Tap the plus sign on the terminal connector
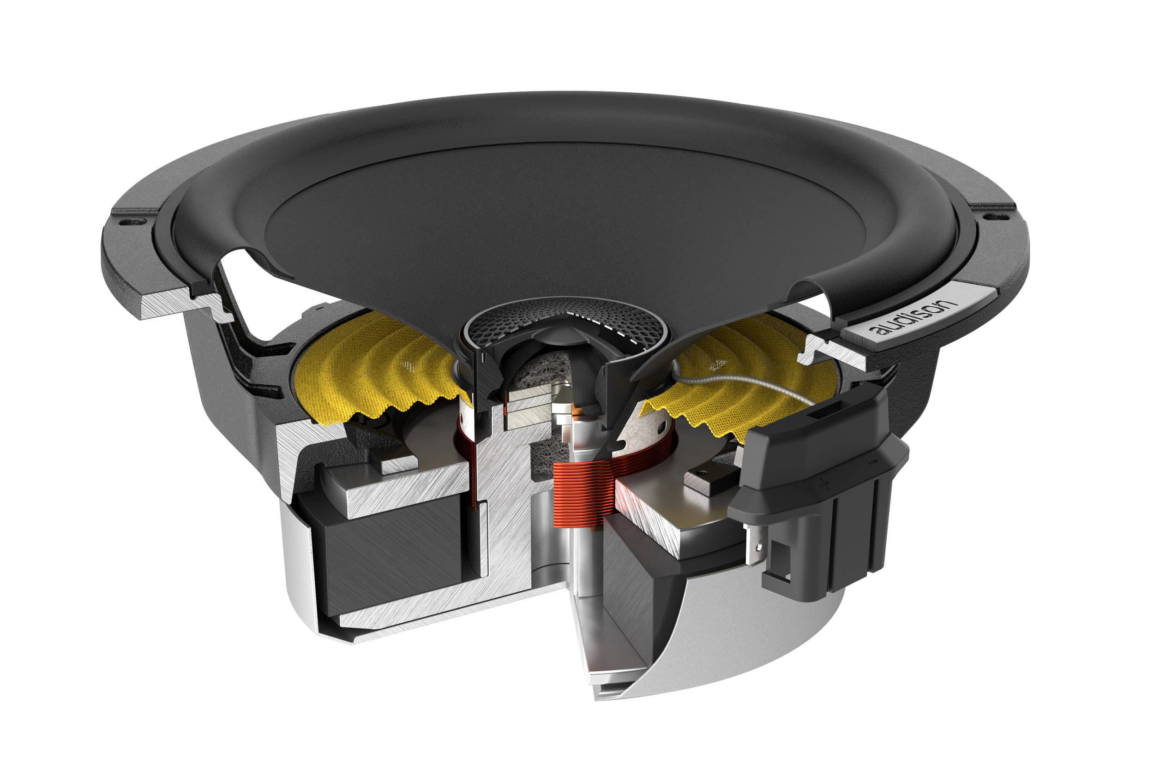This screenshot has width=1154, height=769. [x=824, y=485]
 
